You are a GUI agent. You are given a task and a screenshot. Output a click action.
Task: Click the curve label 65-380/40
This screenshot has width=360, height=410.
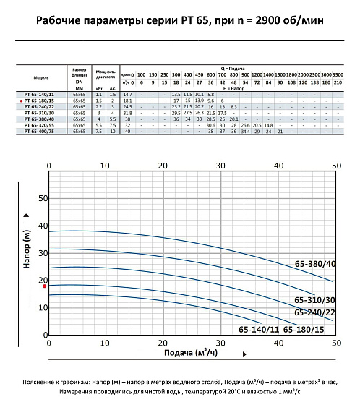tap(315, 265)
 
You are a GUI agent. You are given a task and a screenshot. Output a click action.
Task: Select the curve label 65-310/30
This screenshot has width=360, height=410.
tap(314, 300)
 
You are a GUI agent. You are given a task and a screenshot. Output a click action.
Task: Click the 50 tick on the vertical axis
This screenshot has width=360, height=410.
tap(42, 198)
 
